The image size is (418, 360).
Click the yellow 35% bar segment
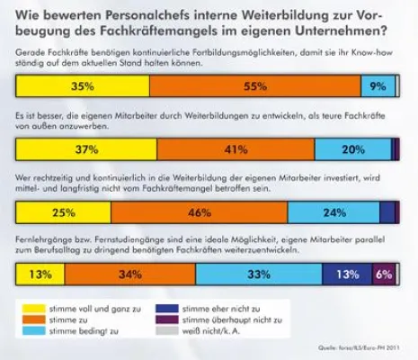pyautogui.click(x=83, y=87)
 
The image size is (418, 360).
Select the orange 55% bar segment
pyautogui.click(x=254, y=87)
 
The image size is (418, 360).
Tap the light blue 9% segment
pyautogui.click(x=377, y=87)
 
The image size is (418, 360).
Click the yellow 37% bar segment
pyautogui.click(x=86, y=149)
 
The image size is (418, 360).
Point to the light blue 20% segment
pyautogui.click(x=352, y=149)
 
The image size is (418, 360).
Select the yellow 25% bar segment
pyautogui.click(x=63, y=212)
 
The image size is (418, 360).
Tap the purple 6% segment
pyautogui.click(x=383, y=274)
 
